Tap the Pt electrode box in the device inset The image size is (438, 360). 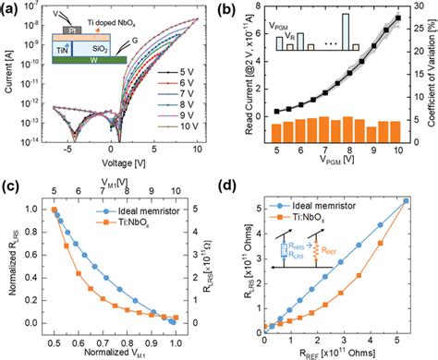click(x=66, y=30)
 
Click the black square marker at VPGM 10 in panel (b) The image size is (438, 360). click(x=397, y=18)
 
